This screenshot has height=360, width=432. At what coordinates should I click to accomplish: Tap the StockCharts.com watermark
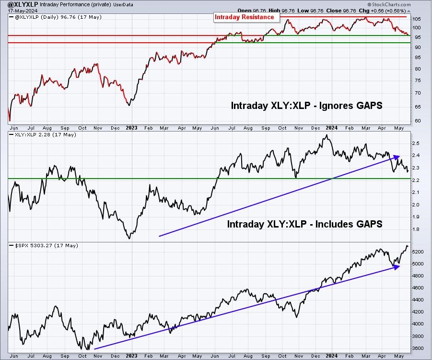[x=389, y=4]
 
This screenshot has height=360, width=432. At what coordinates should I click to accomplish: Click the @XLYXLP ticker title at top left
[x=23, y=4]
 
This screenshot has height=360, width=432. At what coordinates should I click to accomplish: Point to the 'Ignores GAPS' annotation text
[x=350, y=106]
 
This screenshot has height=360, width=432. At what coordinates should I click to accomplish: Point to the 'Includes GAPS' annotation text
[x=349, y=224]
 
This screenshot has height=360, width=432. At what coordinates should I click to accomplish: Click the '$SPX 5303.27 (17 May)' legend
[x=47, y=245]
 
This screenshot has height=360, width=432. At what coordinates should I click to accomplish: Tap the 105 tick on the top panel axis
[x=417, y=19]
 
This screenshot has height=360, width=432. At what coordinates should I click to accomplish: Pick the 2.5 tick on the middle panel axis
[x=416, y=144]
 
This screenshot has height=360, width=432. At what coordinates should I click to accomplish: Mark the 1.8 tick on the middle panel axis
[x=416, y=229]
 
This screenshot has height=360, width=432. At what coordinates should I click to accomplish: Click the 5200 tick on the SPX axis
[x=418, y=252]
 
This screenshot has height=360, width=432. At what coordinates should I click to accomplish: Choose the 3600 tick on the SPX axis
[x=418, y=348]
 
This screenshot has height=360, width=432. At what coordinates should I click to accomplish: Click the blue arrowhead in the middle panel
[x=396, y=157]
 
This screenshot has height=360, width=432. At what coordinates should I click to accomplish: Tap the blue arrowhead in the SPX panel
[x=396, y=267]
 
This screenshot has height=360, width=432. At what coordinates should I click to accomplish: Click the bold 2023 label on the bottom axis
[x=131, y=356]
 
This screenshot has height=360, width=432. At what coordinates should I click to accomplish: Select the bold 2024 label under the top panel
[x=331, y=128]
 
